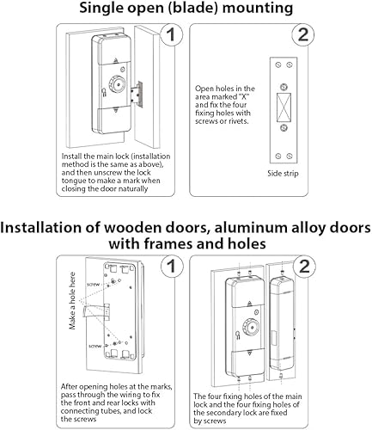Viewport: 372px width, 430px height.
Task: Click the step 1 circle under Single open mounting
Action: (172, 36)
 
